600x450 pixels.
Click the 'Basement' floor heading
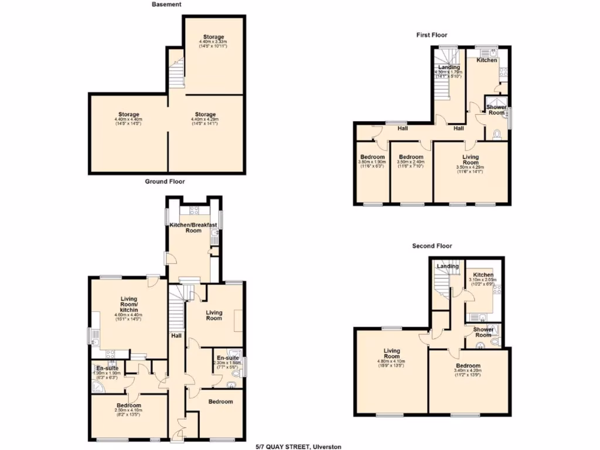point(166,4)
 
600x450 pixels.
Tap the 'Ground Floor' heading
point(165,182)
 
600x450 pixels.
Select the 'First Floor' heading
point(432,35)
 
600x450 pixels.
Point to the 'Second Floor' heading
point(432,246)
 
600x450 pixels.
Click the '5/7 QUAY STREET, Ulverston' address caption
point(298,446)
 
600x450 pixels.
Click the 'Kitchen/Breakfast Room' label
point(193,227)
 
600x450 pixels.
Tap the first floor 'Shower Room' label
point(497,110)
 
